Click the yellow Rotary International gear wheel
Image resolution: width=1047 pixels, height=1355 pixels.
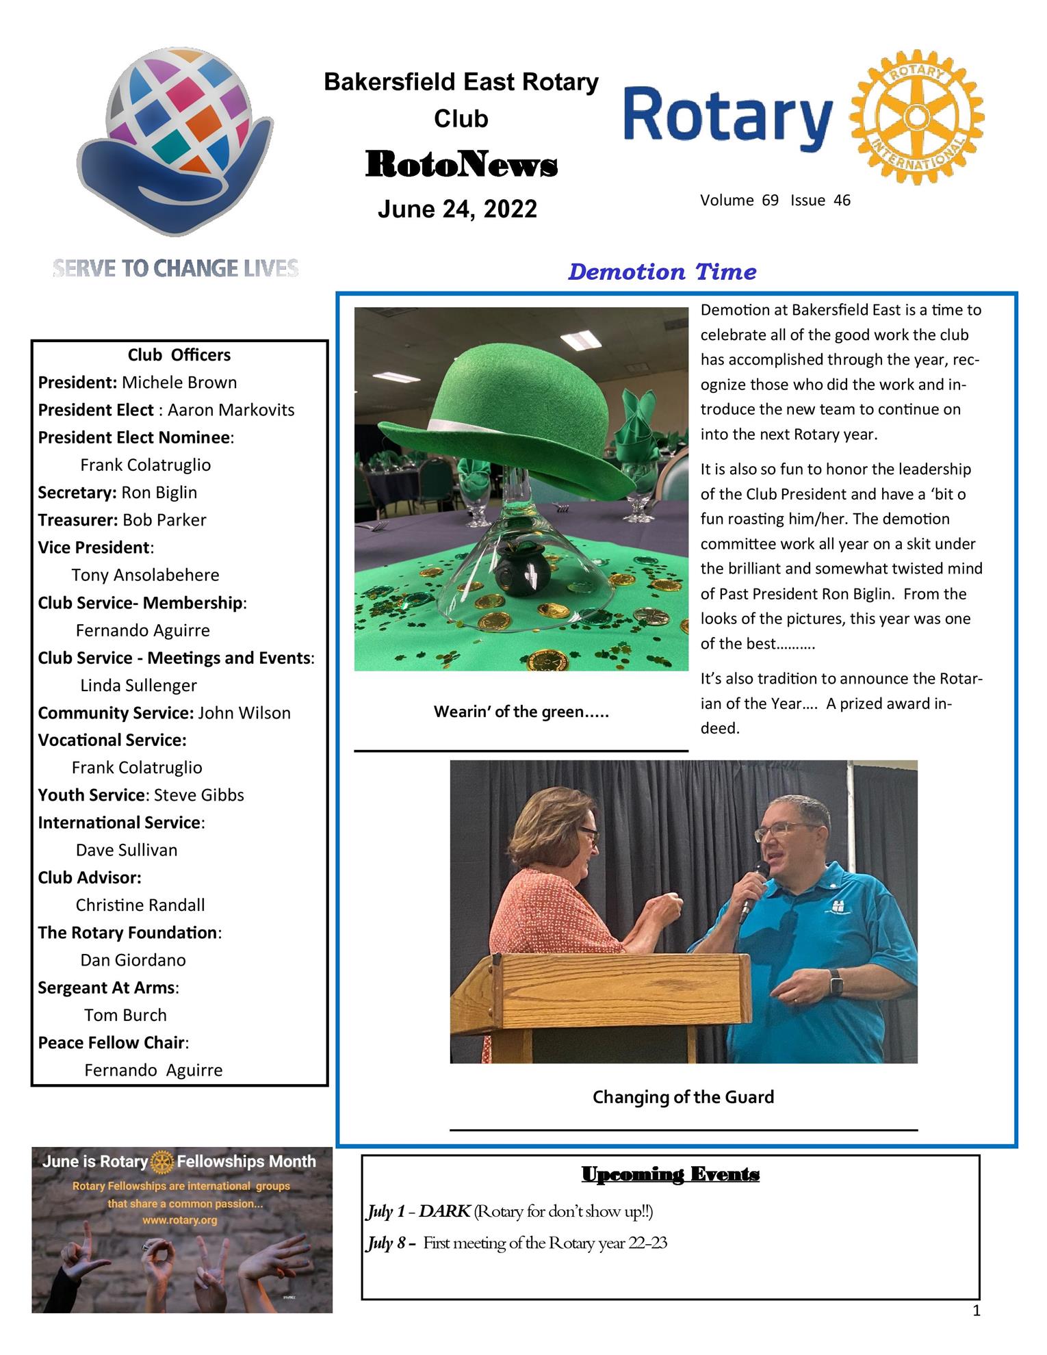pyautogui.click(x=916, y=117)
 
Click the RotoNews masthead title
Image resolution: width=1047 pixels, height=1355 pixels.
pyautogui.click(x=461, y=165)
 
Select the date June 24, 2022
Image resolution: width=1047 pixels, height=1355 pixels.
pyautogui.click(x=457, y=209)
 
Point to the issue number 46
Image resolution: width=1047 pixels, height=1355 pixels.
pyautogui.click(x=842, y=201)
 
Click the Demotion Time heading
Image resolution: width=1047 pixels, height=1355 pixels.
pyautogui.click(x=662, y=272)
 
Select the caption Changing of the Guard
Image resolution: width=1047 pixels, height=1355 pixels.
pyautogui.click(x=683, y=1097)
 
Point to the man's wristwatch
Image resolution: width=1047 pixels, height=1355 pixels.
pyautogui.click(x=837, y=983)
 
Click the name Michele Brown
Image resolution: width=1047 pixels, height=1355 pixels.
pyautogui.click(x=179, y=383)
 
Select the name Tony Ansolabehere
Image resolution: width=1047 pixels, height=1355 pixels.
pyautogui.click(x=145, y=575)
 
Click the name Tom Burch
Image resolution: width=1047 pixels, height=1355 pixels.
pyautogui.click(x=125, y=1015)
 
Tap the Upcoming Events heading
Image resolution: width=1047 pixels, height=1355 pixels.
pyautogui.click(x=670, y=1174)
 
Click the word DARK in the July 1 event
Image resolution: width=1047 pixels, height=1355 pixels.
pyautogui.click(x=444, y=1211)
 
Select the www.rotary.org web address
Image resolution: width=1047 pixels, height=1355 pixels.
pyautogui.click(x=180, y=1219)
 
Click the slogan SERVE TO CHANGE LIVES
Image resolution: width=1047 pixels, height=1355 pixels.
pyautogui.click(x=176, y=268)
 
